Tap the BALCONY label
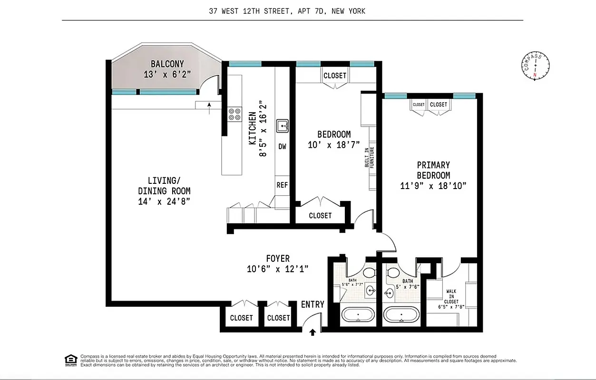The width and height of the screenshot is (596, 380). tap(167, 64)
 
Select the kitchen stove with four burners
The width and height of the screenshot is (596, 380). tap(234, 114)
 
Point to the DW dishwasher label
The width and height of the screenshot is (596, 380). tap(283, 147)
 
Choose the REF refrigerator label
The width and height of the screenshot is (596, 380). tap(282, 185)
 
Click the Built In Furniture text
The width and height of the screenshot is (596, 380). tap(370, 157)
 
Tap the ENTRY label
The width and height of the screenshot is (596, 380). tap(313, 304)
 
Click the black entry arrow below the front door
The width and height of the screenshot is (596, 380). tap(313, 332)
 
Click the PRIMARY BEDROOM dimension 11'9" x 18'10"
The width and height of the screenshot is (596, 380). tap(433, 186)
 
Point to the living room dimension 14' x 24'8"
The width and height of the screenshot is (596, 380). tap(164, 201)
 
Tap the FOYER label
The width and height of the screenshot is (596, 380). tap(278, 259)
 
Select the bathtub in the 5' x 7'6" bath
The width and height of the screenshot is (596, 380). tap(401, 314)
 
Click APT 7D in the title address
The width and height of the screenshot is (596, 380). tap(311, 11)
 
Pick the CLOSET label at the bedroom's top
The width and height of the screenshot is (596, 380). tap(335, 76)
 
